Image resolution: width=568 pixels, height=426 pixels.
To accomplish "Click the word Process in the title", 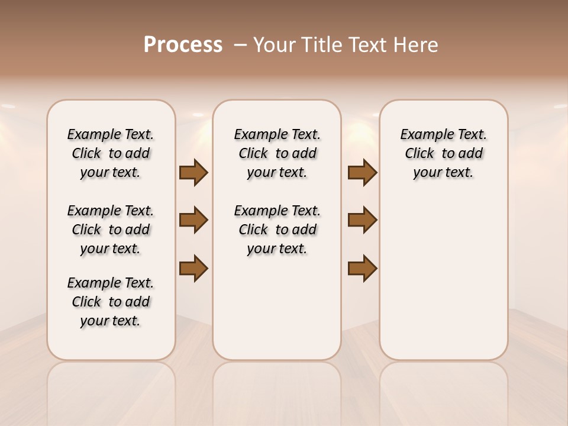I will coord(183,45).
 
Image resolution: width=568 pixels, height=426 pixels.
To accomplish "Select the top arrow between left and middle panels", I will coord(193,173).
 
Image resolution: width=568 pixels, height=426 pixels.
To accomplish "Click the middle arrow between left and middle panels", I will coord(193,220).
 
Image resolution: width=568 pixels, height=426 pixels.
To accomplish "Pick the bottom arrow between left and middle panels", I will coord(193,268).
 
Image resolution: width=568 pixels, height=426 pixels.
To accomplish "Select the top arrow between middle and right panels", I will coord(362,173).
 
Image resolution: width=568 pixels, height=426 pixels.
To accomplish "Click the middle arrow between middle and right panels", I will coord(362,220).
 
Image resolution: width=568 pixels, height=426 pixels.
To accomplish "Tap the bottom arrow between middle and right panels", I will coord(362,268).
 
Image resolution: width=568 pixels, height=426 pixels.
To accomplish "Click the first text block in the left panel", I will coord(111,153).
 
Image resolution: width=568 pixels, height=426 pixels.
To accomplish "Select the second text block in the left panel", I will coord(111,230).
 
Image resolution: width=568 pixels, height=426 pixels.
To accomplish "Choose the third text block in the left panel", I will coord(111,302).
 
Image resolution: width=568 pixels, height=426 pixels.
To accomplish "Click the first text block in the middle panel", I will coord(277,153).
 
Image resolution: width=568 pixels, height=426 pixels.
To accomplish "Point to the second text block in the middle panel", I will coord(277,230).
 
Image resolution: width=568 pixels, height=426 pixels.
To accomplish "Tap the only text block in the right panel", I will coord(444,153).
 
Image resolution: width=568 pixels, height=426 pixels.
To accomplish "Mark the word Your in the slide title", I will coord(274,45).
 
